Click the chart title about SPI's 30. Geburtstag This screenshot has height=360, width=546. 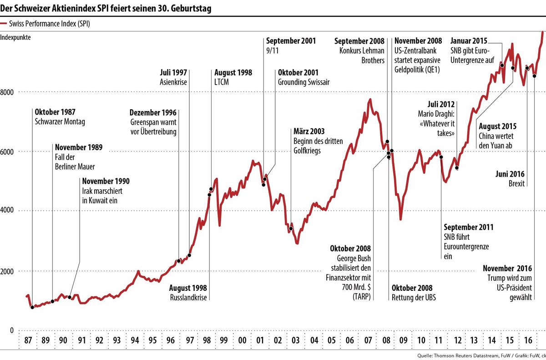tap(106, 8)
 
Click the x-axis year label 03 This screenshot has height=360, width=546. tap(295, 340)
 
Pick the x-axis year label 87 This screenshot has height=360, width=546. tap(27, 340)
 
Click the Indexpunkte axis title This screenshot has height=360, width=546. tap(15, 38)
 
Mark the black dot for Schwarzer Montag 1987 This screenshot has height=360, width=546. tap(32, 308)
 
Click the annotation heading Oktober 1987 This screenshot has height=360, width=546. tap(55, 112)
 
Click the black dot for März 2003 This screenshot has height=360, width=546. tap(291, 228)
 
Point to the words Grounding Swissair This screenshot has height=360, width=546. tap(304, 82)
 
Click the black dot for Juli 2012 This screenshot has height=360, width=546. tap(456, 168)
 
